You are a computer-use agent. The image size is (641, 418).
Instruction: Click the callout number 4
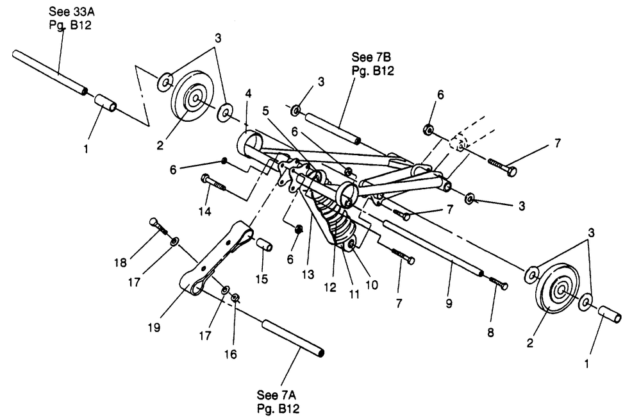249,94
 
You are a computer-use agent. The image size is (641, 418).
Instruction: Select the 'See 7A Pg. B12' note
277,401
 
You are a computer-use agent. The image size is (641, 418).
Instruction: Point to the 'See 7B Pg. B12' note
372,63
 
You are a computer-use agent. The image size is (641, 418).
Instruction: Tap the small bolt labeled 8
499,283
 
